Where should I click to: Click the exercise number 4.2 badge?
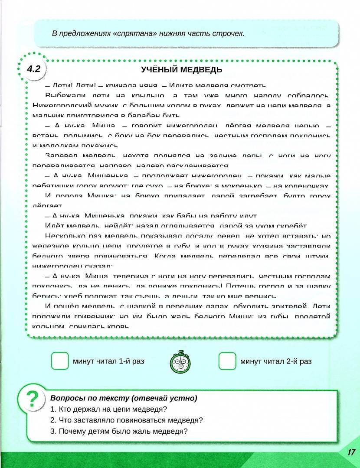coord(33,68)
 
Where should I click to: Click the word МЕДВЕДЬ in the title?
coord(200,69)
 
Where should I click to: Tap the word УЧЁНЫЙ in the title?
coord(159,69)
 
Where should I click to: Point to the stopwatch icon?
coord(180,361)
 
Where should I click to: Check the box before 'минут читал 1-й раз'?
coord(60,361)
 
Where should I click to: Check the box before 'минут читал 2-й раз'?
coord(227,361)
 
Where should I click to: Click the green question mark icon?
coord(32,399)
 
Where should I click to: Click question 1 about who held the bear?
coord(109,409)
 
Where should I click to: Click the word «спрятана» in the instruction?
coord(131,33)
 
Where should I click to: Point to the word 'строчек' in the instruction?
coord(230,33)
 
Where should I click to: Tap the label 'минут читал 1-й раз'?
coord(108,361)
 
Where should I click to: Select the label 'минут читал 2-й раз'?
coord(276,361)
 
